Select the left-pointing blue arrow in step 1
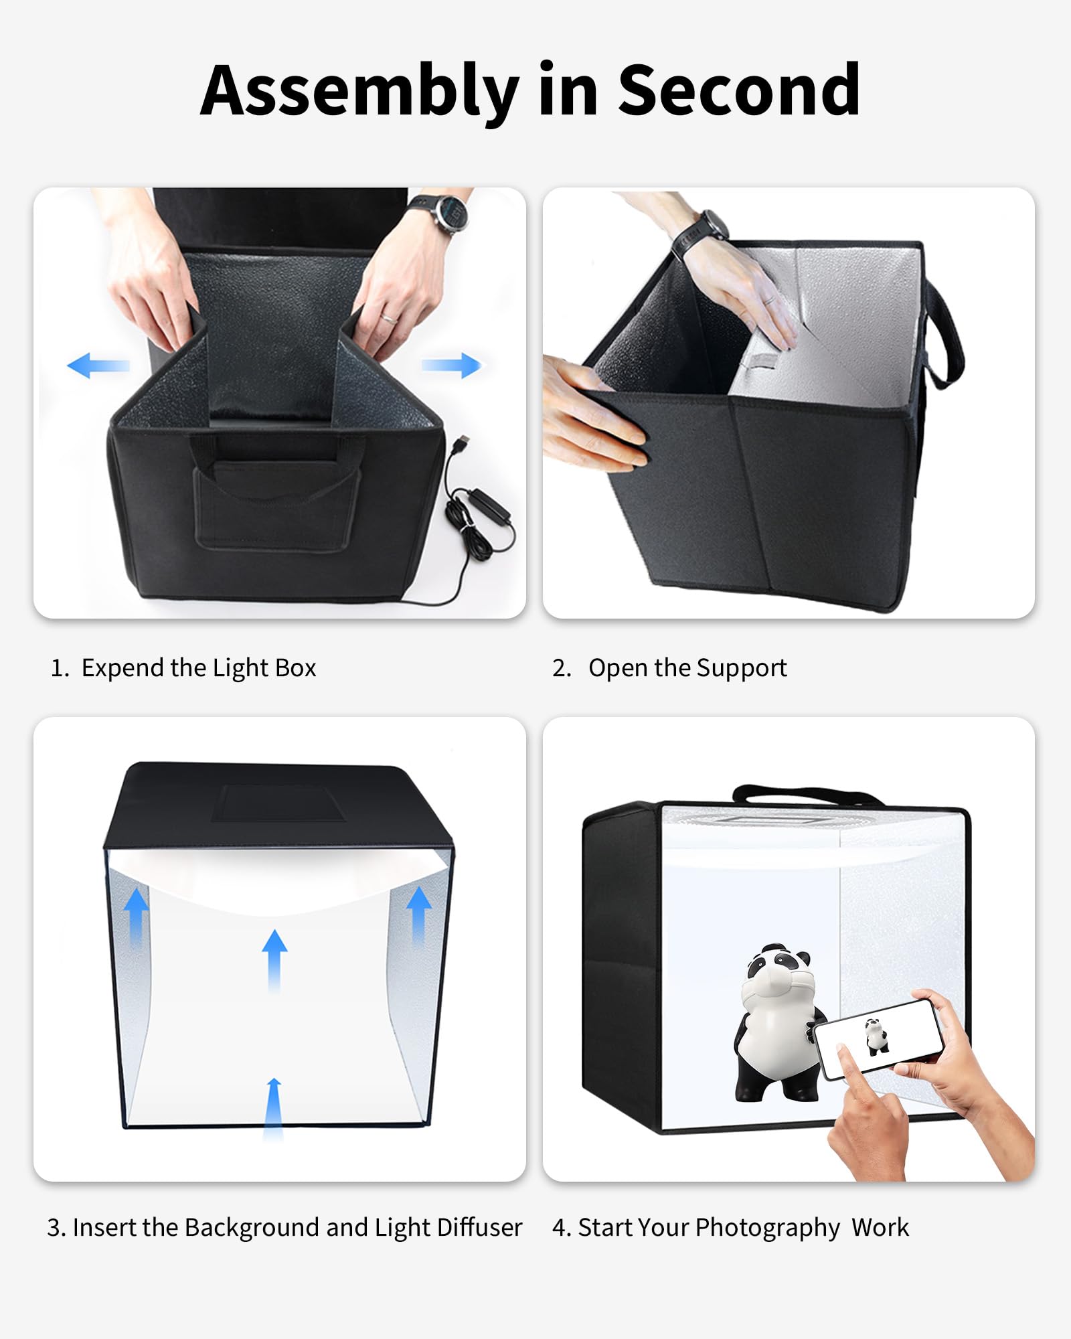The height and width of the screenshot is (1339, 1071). [x=98, y=366]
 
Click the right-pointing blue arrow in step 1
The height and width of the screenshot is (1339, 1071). [x=452, y=366]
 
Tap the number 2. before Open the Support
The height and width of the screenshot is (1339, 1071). [x=562, y=668]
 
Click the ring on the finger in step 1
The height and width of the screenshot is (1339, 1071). [x=389, y=319]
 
